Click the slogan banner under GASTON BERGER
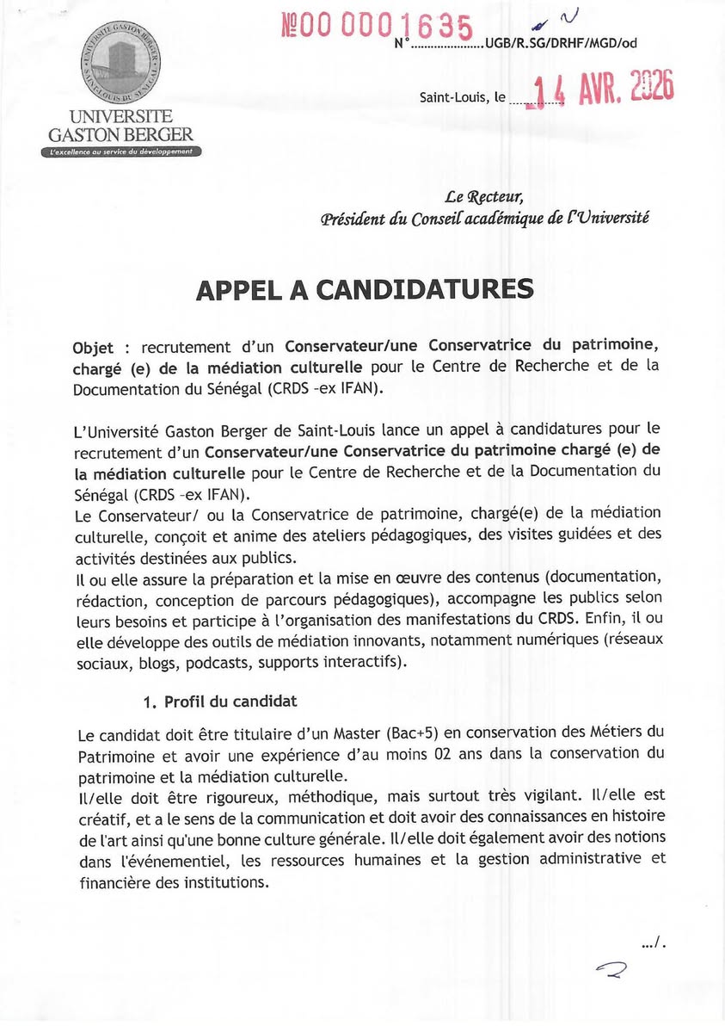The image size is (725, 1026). click(121, 151)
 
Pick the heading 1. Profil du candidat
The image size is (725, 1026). click(218, 702)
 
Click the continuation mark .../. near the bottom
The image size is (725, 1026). click(654, 944)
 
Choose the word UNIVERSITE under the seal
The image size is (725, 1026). click(121, 116)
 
